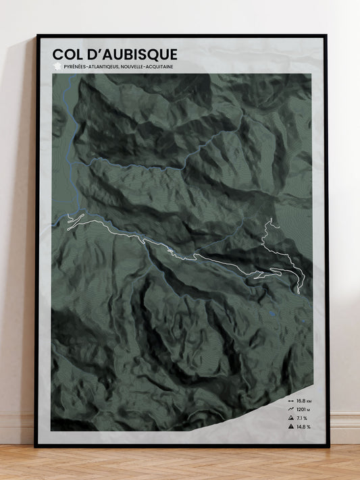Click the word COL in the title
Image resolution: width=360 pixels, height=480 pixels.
click(x=67, y=53)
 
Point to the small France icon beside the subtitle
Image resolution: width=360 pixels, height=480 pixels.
click(x=55, y=67)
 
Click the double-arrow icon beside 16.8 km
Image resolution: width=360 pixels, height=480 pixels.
click(x=288, y=400)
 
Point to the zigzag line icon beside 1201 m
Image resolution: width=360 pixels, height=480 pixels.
click(x=288, y=409)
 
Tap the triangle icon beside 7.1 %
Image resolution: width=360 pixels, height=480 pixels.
click(x=288, y=418)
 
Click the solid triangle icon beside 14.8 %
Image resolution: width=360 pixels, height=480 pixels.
click(x=288, y=427)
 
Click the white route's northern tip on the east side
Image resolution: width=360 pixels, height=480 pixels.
click(x=268, y=221)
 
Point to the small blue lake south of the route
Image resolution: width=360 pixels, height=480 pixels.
click(x=271, y=313)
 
